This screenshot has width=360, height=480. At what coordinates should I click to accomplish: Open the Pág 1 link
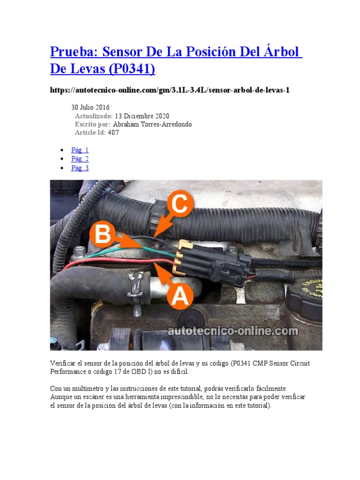point(80,150)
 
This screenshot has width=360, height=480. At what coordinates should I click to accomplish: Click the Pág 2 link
point(80,159)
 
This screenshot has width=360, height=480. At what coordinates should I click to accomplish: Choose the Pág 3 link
point(80,168)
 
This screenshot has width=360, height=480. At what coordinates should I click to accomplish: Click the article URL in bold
point(169,90)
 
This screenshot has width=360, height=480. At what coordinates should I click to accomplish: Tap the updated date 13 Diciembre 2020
point(142,116)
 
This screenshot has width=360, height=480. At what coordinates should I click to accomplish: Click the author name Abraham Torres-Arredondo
point(152,124)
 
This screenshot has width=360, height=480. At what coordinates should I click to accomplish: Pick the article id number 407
point(113,133)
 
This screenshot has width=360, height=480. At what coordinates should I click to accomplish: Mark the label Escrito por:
point(93,124)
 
